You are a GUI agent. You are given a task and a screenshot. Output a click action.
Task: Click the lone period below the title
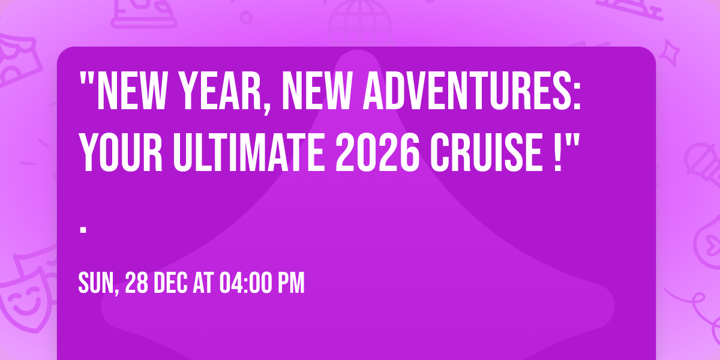coord(84,229)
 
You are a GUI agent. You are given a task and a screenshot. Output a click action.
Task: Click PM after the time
coord(291,283)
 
